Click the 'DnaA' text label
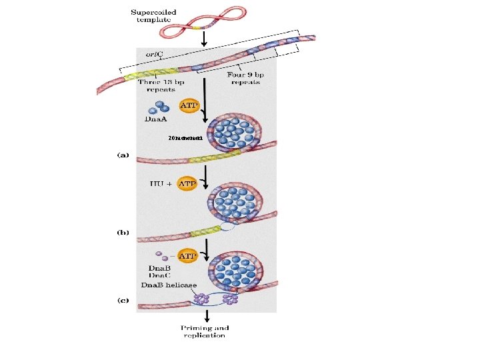coord(155,120)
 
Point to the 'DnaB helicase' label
coord(169,285)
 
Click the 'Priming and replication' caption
coord(205,331)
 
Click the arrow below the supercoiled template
coord(205,37)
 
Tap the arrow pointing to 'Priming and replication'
coord(205,316)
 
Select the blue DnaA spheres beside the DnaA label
coord(157,108)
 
